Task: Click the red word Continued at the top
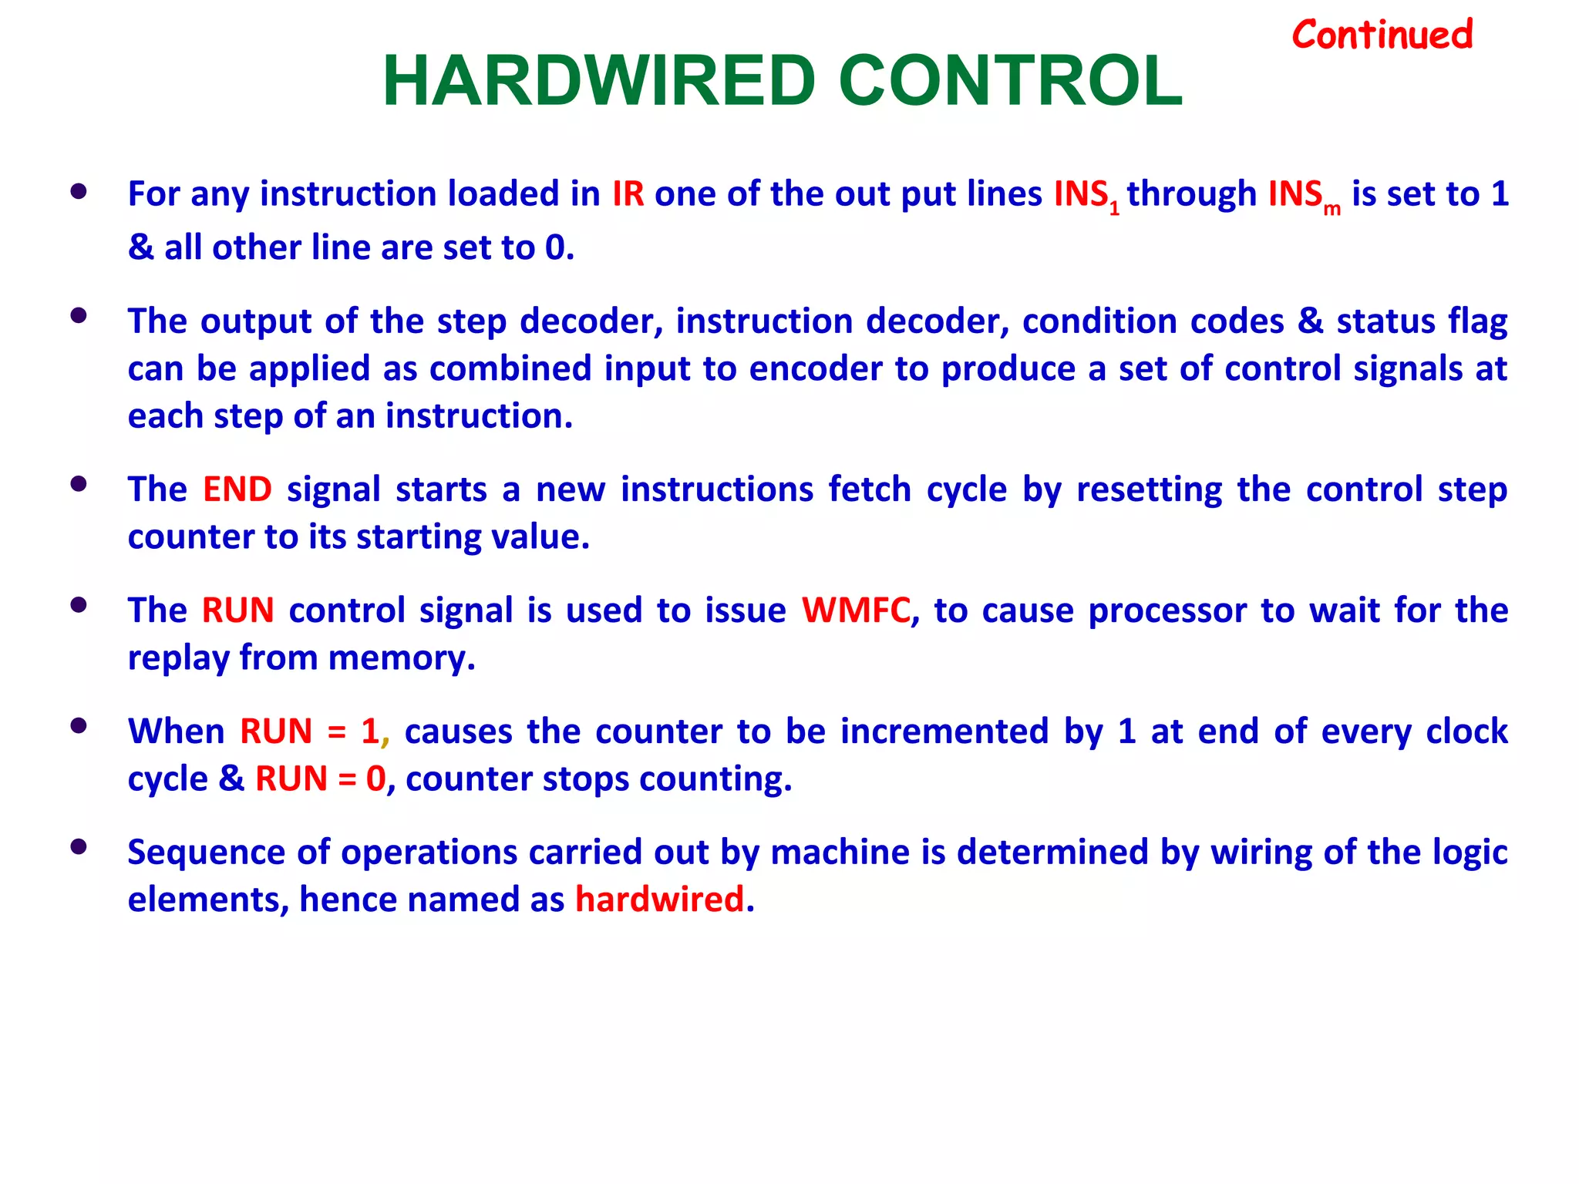[1382, 35]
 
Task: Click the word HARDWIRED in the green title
[598, 82]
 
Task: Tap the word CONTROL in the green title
[1010, 82]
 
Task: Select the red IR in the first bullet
[628, 193]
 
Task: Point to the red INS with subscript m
[1303, 195]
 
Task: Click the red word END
[237, 489]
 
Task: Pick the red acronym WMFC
[856, 610]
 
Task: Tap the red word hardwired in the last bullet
[659, 900]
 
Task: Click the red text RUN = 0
[320, 779]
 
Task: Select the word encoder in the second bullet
[816, 368]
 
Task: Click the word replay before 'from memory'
[178, 658]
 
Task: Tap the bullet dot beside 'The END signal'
[78, 484]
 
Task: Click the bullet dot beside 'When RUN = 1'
[78, 726]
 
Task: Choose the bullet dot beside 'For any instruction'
[78, 190]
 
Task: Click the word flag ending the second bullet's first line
[1477, 321]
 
